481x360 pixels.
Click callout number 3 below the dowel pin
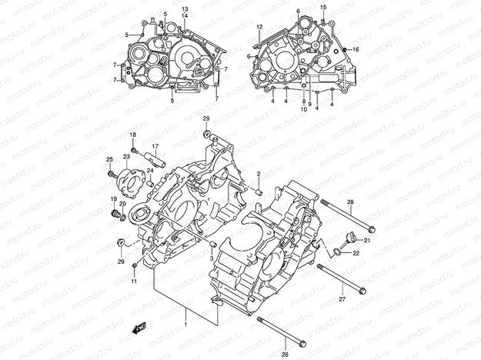pyautogui.click(x=212, y=258)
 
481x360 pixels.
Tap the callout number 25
pyautogui.click(x=110, y=159)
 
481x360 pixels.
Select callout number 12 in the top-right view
pyautogui.click(x=259, y=28)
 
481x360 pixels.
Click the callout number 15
pyautogui.click(x=323, y=7)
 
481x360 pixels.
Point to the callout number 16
pyautogui.click(x=356, y=49)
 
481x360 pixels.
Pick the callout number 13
pyautogui.click(x=185, y=8)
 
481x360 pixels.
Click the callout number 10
pyautogui.click(x=303, y=109)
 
